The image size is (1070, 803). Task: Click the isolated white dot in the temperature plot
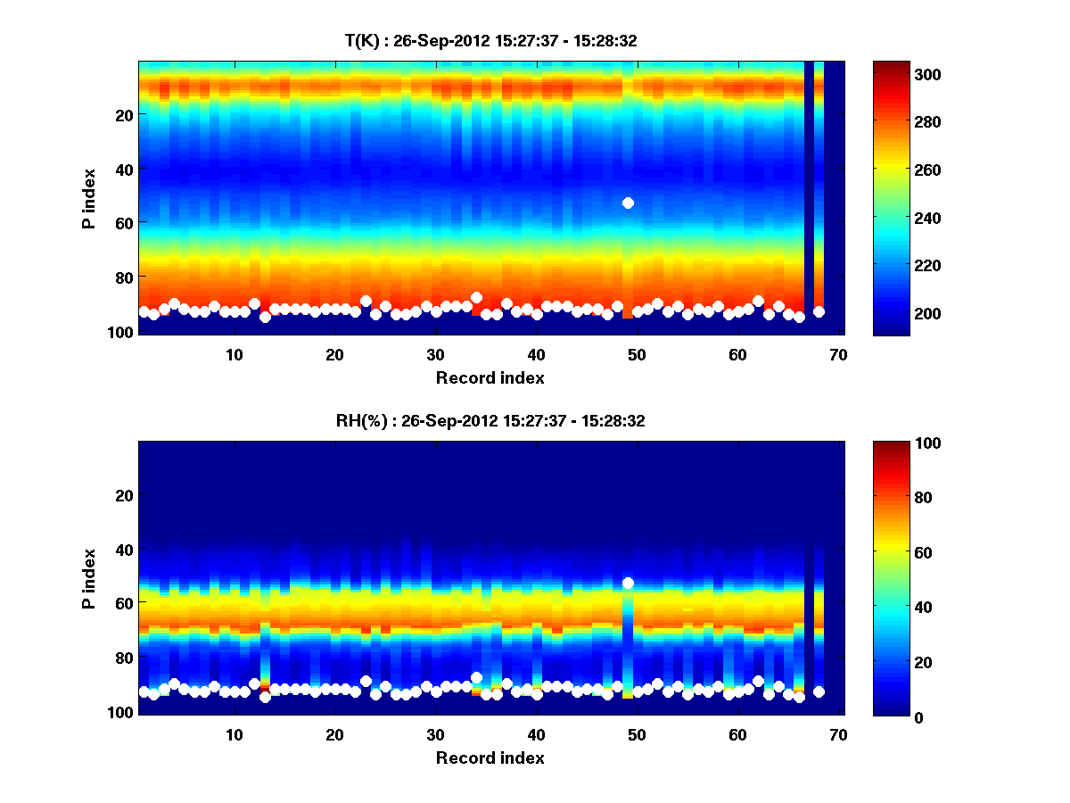(628, 203)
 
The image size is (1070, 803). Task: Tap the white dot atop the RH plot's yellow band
(628, 583)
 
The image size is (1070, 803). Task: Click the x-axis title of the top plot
(490, 377)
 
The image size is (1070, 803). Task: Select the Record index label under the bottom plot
(490, 757)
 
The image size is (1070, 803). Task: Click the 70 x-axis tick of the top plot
(838, 354)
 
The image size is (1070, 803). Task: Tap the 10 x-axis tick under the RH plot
(235, 734)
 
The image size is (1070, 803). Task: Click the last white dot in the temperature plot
(819, 311)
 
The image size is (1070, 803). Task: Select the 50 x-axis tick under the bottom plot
(637, 734)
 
